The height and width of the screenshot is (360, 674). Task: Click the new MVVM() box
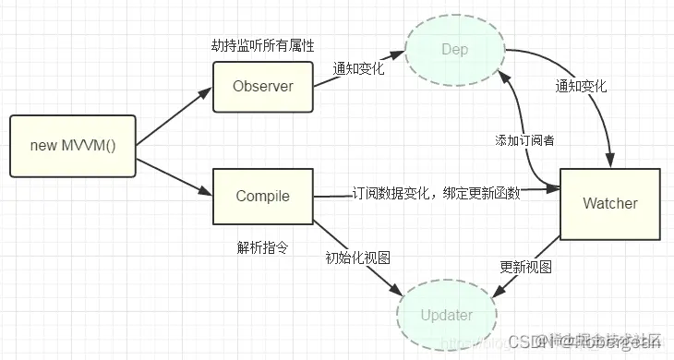pyautogui.click(x=72, y=146)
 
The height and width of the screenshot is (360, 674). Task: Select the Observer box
pyautogui.click(x=263, y=87)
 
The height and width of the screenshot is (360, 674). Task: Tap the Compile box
pyautogui.click(x=263, y=196)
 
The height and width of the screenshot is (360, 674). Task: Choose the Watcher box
pyautogui.click(x=609, y=202)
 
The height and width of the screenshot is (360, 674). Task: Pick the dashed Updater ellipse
pyautogui.click(x=446, y=315)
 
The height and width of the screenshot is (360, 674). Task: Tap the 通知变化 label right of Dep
pyautogui.click(x=582, y=86)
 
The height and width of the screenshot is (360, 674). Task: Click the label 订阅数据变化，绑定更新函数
pyautogui.click(x=436, y=194)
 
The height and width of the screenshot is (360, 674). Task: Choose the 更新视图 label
pyautogui.click(x=526, y=267)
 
